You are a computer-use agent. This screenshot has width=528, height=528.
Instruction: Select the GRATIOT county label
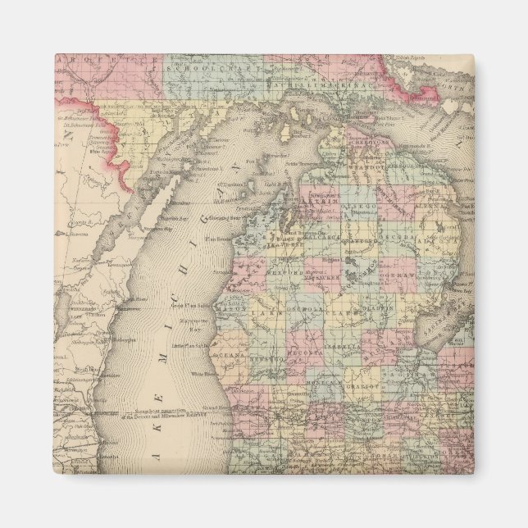(362, 384)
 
